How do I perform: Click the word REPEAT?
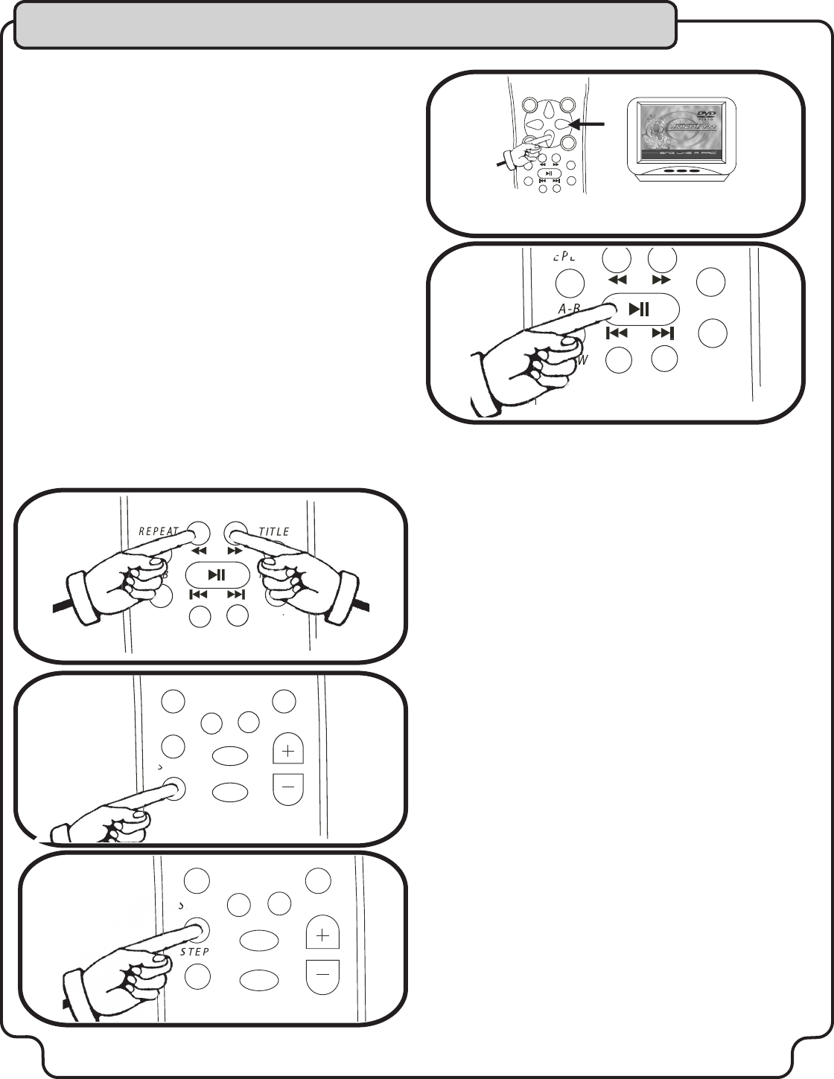(x=159, y=531)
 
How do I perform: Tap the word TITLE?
(x=273, y=531)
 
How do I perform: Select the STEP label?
(x=194, y=952)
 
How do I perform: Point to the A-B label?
(x=570, y=307)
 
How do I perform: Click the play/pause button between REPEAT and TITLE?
(x=217, y=574)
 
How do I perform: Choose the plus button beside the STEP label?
(x=322, y=935)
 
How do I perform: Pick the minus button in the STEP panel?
(x=322, y=973)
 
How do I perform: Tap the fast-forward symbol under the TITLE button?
(x=235, y=551)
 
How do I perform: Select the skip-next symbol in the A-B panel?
(x=662, y=333)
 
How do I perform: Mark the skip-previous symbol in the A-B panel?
(x=617, y=333)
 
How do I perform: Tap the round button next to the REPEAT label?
(x=199, y=533)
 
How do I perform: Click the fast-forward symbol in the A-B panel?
(x=661, y=280)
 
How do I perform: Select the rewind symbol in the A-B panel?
(x=617, y=280)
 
